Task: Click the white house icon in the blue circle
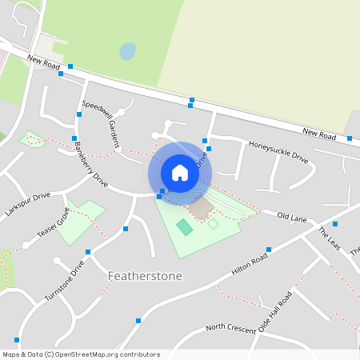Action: point(180,173)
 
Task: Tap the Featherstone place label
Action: point(145,276)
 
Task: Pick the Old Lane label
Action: point(292,216)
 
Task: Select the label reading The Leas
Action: point(329,238)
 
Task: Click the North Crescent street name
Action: point(230,327)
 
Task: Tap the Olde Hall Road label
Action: point(275,313)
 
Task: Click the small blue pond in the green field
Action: point(127,52)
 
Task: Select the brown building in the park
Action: point(201,209)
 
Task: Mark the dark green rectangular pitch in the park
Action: point(185,227)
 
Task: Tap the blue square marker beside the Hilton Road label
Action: point(269,250)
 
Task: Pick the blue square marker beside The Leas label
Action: point(335,224)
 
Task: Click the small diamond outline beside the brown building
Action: point(213,224)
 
